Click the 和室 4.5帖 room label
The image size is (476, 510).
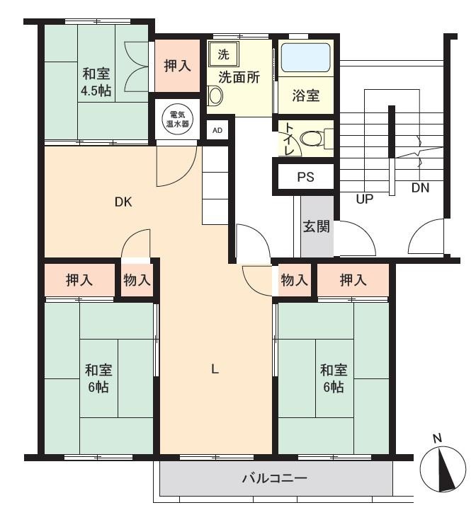tap(96, 81)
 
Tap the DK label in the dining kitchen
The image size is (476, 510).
tap(123, 202)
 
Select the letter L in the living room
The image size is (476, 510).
tap(215, 369)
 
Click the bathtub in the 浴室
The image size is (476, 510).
tap(305, 57)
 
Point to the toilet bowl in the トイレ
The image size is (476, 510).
tap(311, 139)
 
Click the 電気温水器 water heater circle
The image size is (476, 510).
tap(178, 119)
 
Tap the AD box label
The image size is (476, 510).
tap(217, 130)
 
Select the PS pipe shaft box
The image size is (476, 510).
tap(305, 177)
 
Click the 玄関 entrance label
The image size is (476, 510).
tap(317, 226)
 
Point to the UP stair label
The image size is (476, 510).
tap(364, 198)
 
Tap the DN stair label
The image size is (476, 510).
tap(420, 187)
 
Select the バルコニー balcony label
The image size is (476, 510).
tap(275, 478)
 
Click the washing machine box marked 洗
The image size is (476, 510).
tap(224, 54)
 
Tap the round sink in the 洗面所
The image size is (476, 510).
tap(215, 96)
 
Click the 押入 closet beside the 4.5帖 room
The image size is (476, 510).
tap(177, 66)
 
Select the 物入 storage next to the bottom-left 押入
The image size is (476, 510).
tap(137, 279)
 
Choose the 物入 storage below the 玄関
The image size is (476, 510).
tap(295, 279)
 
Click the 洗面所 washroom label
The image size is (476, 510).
tap(239, 77)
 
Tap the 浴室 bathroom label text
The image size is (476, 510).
tap(305, 95)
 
